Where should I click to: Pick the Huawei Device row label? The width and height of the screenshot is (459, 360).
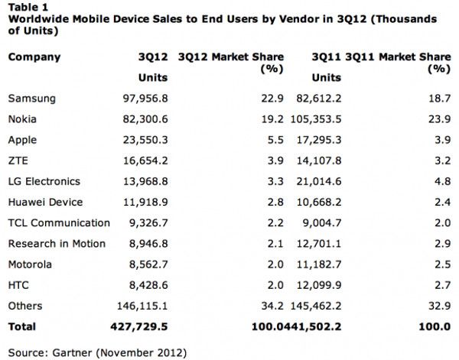(x=45, y=203)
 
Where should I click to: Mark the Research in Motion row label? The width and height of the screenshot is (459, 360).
(x=56, y=244)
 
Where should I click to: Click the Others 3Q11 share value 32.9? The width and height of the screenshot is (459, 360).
(x=438, y=306)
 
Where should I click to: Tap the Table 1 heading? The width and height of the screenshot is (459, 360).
(x=26, y=4)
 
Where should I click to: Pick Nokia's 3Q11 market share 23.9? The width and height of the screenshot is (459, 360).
(x=438, y=120)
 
